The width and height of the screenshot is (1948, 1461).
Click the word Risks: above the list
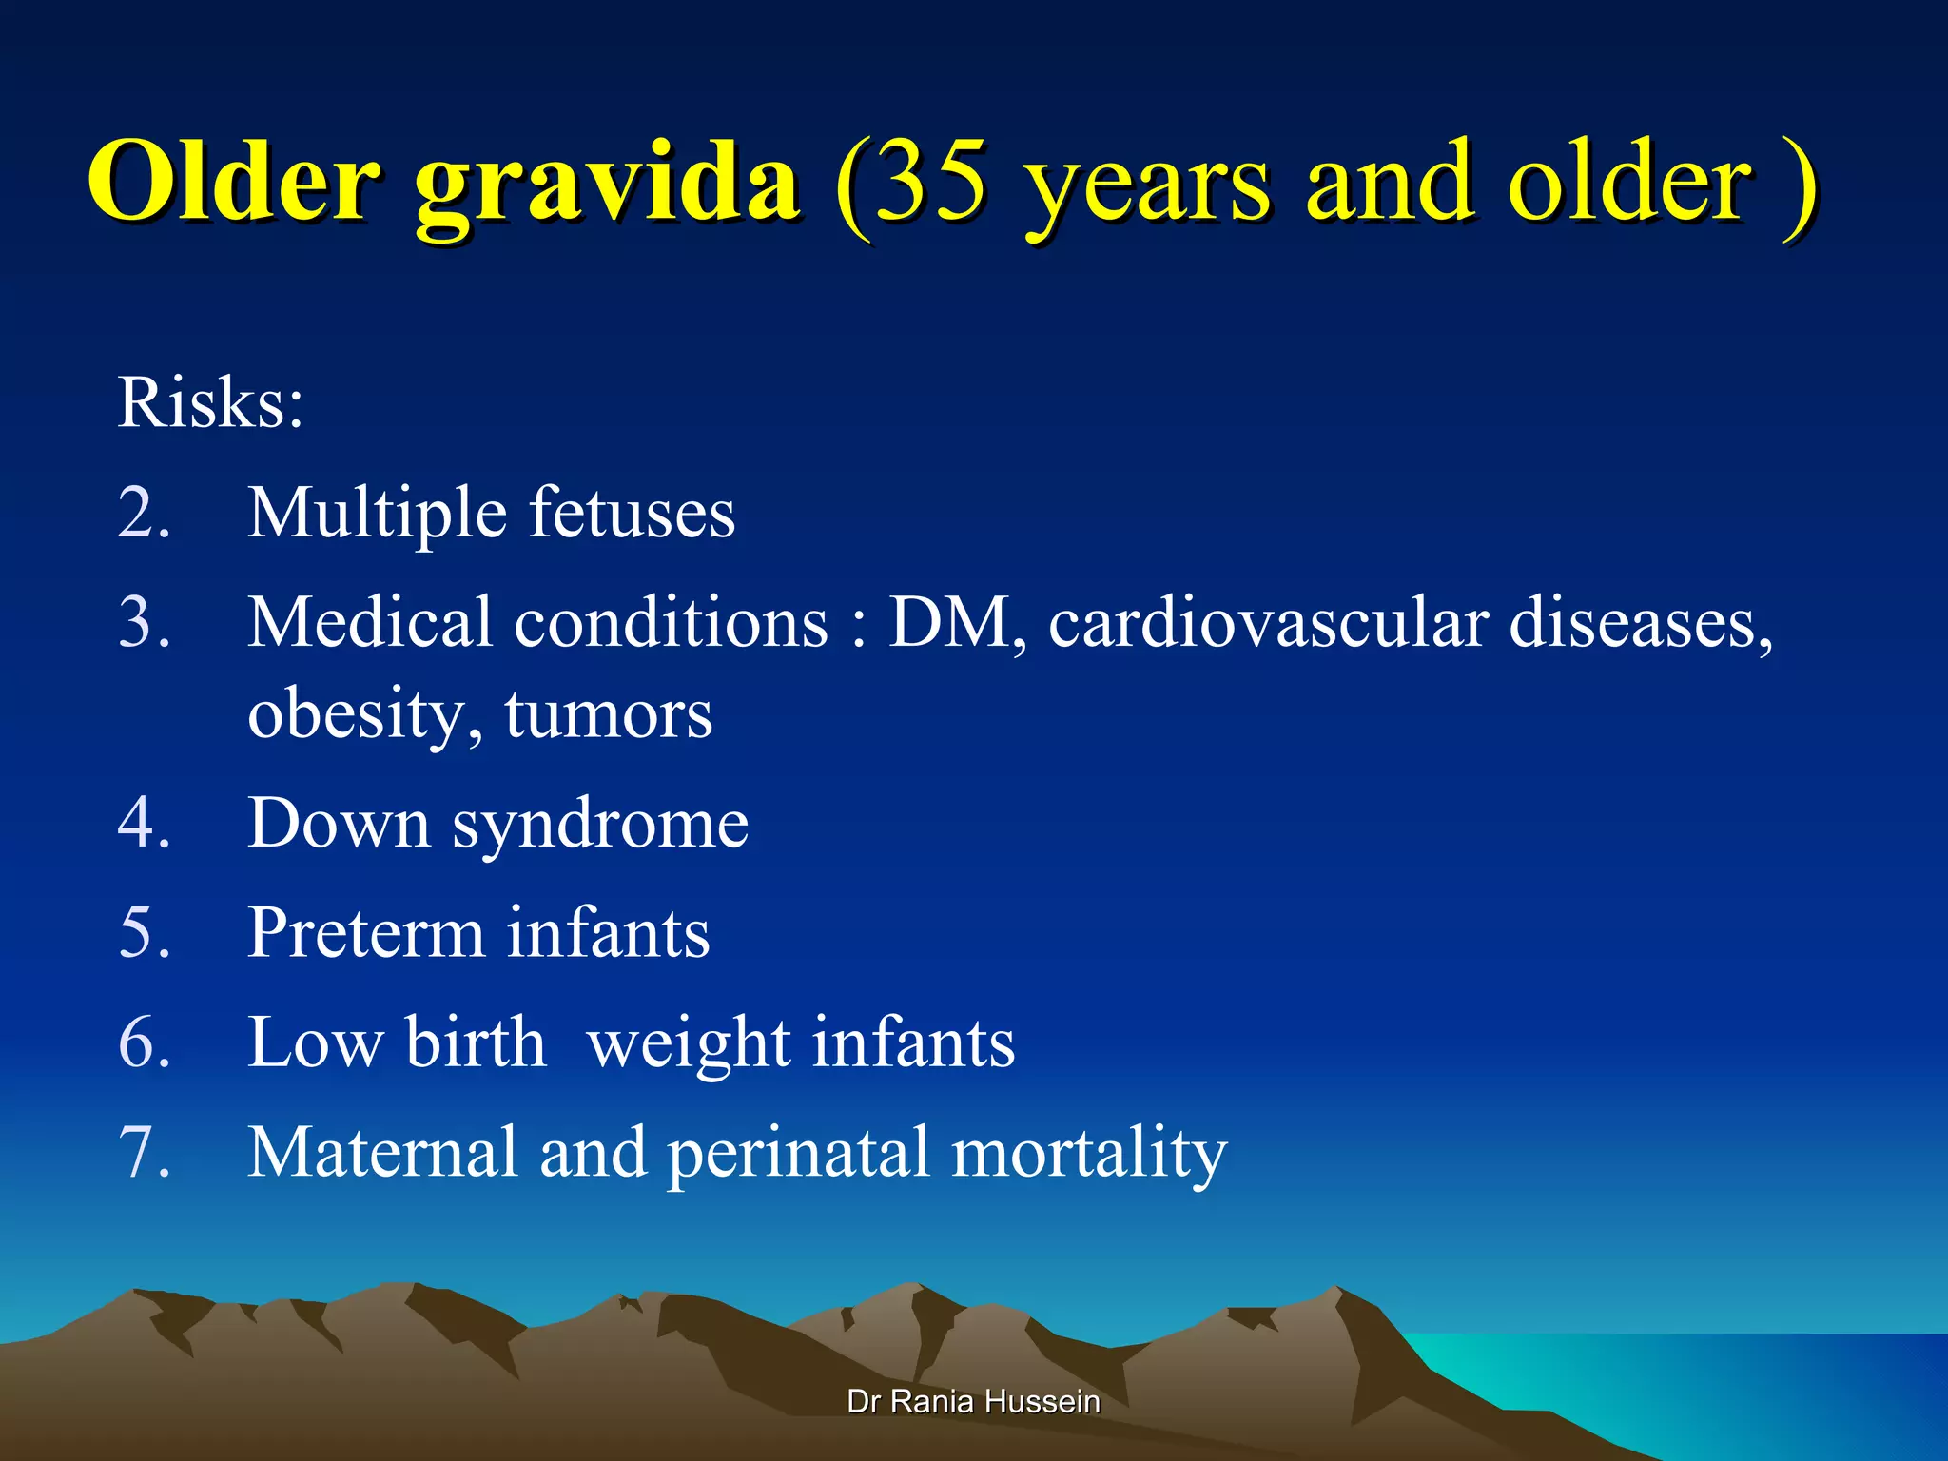[x=210, y=403]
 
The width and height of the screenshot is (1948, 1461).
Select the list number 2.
[x=144, y=514]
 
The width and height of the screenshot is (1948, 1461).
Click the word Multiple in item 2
[x=377, y=514]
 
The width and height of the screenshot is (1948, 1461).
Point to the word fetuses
[x=632, y=514]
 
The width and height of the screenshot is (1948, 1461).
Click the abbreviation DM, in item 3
[x=957, y=624]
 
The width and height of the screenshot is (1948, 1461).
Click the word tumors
[x=609, y=715]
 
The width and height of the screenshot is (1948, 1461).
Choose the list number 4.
[x=144, y=824]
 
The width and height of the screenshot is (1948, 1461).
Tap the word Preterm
[x=366, y=933]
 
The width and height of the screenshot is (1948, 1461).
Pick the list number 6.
[x=144, y=1043]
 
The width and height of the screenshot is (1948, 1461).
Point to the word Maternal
[x=382, y=1153]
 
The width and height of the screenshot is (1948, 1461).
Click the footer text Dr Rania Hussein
[x=973, y=1401]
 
